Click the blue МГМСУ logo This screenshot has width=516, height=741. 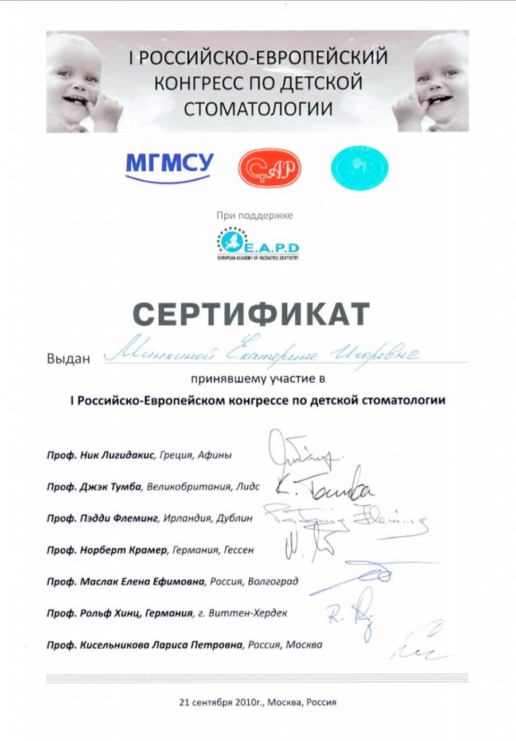169,164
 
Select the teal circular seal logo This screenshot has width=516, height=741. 359,167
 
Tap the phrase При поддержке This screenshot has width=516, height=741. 255,216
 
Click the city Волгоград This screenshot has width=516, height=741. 273,582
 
